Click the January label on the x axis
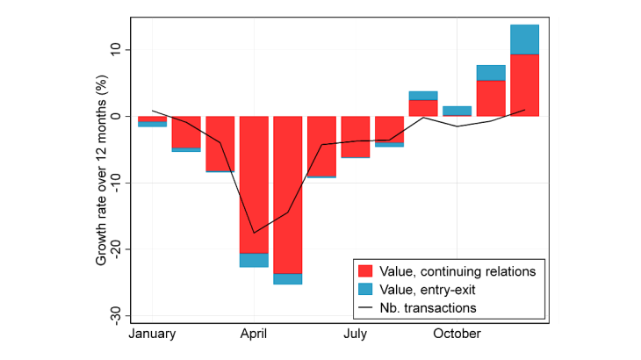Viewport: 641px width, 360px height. [152, 334]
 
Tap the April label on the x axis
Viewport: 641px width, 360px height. [254, 334]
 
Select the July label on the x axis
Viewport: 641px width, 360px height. [355, 334]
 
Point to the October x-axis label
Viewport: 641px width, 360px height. [456, 334]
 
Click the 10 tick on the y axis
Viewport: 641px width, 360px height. [114, 50]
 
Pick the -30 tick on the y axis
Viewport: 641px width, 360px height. [114, 315]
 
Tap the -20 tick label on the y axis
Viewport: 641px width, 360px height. [114, 249]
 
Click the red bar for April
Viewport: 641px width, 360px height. [254, 184]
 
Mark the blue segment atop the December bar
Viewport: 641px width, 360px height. [524, 40]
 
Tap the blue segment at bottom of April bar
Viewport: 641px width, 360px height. [254, 260]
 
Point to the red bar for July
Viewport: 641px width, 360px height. [355, 137]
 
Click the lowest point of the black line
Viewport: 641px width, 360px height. [254, 233]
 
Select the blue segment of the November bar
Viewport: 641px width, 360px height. [490, 72]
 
